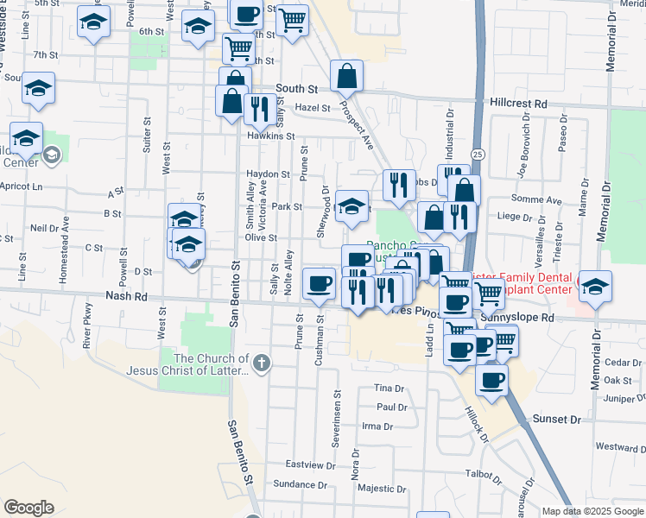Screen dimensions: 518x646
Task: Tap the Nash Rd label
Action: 123,295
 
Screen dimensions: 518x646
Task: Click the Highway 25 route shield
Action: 478,153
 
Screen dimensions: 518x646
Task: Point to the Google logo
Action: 28,508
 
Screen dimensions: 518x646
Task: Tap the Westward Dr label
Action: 620,448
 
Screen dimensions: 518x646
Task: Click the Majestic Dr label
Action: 377,488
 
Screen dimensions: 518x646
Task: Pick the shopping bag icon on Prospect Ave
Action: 346,76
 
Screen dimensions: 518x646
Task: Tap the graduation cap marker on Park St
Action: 351,205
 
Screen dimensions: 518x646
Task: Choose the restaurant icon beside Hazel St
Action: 259,107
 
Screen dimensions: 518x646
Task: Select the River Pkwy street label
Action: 87,325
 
